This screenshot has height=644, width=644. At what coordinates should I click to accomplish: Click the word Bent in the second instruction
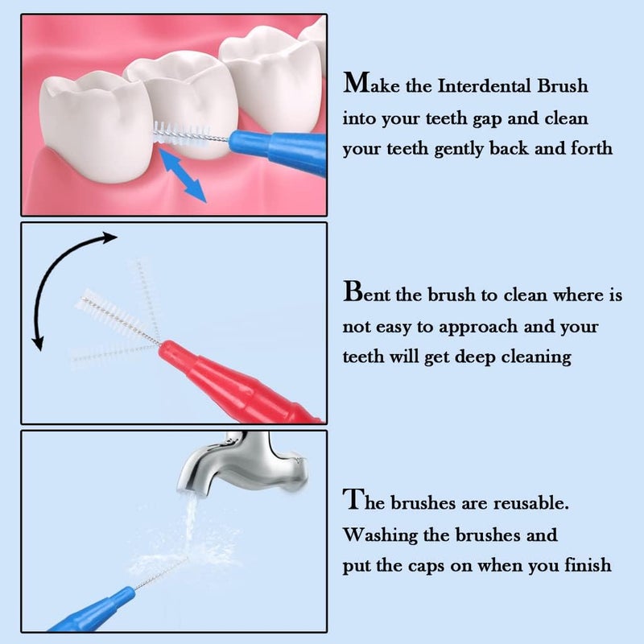coord(367,294)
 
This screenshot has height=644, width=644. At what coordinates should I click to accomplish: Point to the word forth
coord(591,149)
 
